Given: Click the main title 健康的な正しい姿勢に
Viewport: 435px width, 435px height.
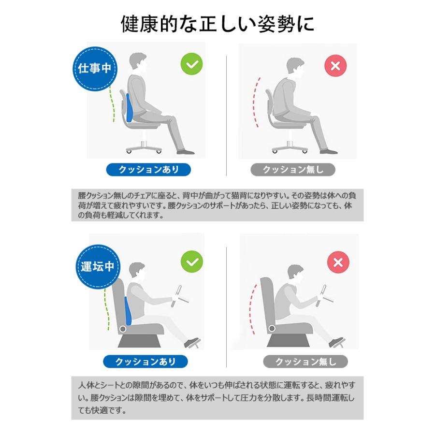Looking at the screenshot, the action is (x=217, y=24).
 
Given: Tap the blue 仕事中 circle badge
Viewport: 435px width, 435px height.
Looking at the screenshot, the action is (x=95, y=69).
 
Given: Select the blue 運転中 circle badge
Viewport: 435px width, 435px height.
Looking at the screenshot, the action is (x=98, y=267).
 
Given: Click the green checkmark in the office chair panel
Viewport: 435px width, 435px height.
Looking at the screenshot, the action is (x=192, y=64).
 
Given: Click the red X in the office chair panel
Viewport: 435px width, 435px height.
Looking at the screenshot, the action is (x=335, y=66).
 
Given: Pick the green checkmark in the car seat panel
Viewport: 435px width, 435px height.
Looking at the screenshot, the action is (x=192, y=261).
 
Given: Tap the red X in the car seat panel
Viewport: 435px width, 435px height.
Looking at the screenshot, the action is (x=338, y=262).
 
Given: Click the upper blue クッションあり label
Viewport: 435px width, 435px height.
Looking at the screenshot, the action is (x=148, y=170).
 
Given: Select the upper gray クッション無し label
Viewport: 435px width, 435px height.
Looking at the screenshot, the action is (x=293, y=170).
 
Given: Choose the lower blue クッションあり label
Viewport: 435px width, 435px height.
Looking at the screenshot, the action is (x=145, y=362).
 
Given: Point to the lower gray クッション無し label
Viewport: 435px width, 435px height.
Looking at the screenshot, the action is (x=305, y=362).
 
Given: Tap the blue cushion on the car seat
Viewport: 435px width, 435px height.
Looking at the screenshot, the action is (x=128, y=311).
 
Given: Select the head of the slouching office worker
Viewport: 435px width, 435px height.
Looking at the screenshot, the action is (x=295, y=68).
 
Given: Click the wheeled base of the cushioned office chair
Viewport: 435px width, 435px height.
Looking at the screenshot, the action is (x=144, y=148).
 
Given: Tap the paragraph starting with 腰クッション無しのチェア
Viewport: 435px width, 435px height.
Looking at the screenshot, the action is (x=217, y=205).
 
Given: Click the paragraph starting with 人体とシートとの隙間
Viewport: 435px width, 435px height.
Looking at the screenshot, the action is (x=217, y=398).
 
